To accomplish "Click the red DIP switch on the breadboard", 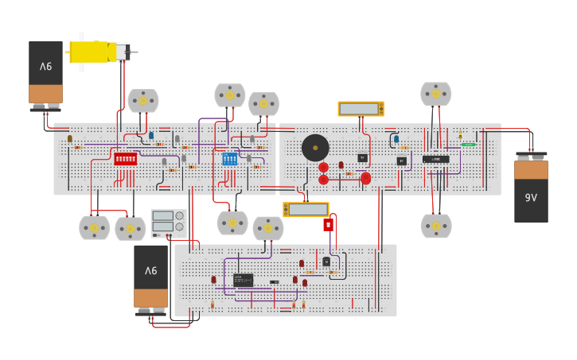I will pyautogui.click(x=125, y=159).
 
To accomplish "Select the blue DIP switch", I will pyautogui.click(x=229, y=159).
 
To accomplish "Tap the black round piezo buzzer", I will pyautogui.click(x=315, y=148).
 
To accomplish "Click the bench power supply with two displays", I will pyautogui.click(x=169, y=223).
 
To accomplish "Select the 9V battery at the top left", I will pyautogui.click(x=45, y=73).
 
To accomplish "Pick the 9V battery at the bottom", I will pyautogui.click(x=150, y=278).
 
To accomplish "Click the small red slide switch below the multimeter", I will pyautogui.click(x=328, y=225).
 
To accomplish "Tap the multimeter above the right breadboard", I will pyautogui.click(x=361, y=109).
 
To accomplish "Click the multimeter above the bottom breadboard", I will pyautogui.click(x=306, y=210).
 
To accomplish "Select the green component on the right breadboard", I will pyautogui.click(x=469, y=144).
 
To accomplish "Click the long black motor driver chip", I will pyautogui.click(x=435, y=159).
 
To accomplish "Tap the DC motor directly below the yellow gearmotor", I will pyautogui.click(x=143, y=101).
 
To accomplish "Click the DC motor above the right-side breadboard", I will pyautogui.click(x=435, y=94).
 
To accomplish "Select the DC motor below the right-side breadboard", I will pyautogui.click(x=435, y=226).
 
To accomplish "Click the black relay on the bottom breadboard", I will pyautogui.click(x=244, y=280).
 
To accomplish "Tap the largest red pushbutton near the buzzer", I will pyautogui.click(x=365, y=178).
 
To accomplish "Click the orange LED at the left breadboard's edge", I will pyautogui.click(x=70, y=138).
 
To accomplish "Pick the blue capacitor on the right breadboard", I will pyautogui.click(x=396, y=139).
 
